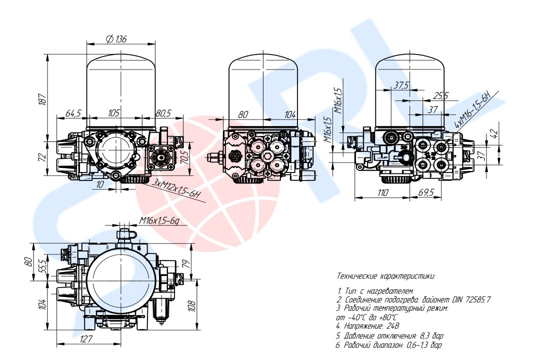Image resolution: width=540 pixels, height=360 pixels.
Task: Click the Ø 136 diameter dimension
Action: click(116, 39)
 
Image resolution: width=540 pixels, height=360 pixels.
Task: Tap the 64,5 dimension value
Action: click(73, 114)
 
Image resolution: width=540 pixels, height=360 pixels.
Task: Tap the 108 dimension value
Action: click(191, 304)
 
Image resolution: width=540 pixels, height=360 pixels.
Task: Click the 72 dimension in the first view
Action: click(43, 156)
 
